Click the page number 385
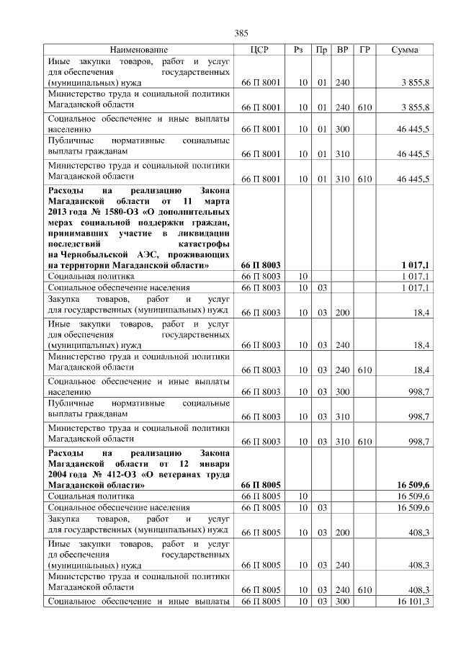pos(241,33)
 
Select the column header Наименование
pos(139,50)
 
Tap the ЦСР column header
pos(259,50)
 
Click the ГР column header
pos(364,50)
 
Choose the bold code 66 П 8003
pos(260,265)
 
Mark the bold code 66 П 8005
pos(260,486)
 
